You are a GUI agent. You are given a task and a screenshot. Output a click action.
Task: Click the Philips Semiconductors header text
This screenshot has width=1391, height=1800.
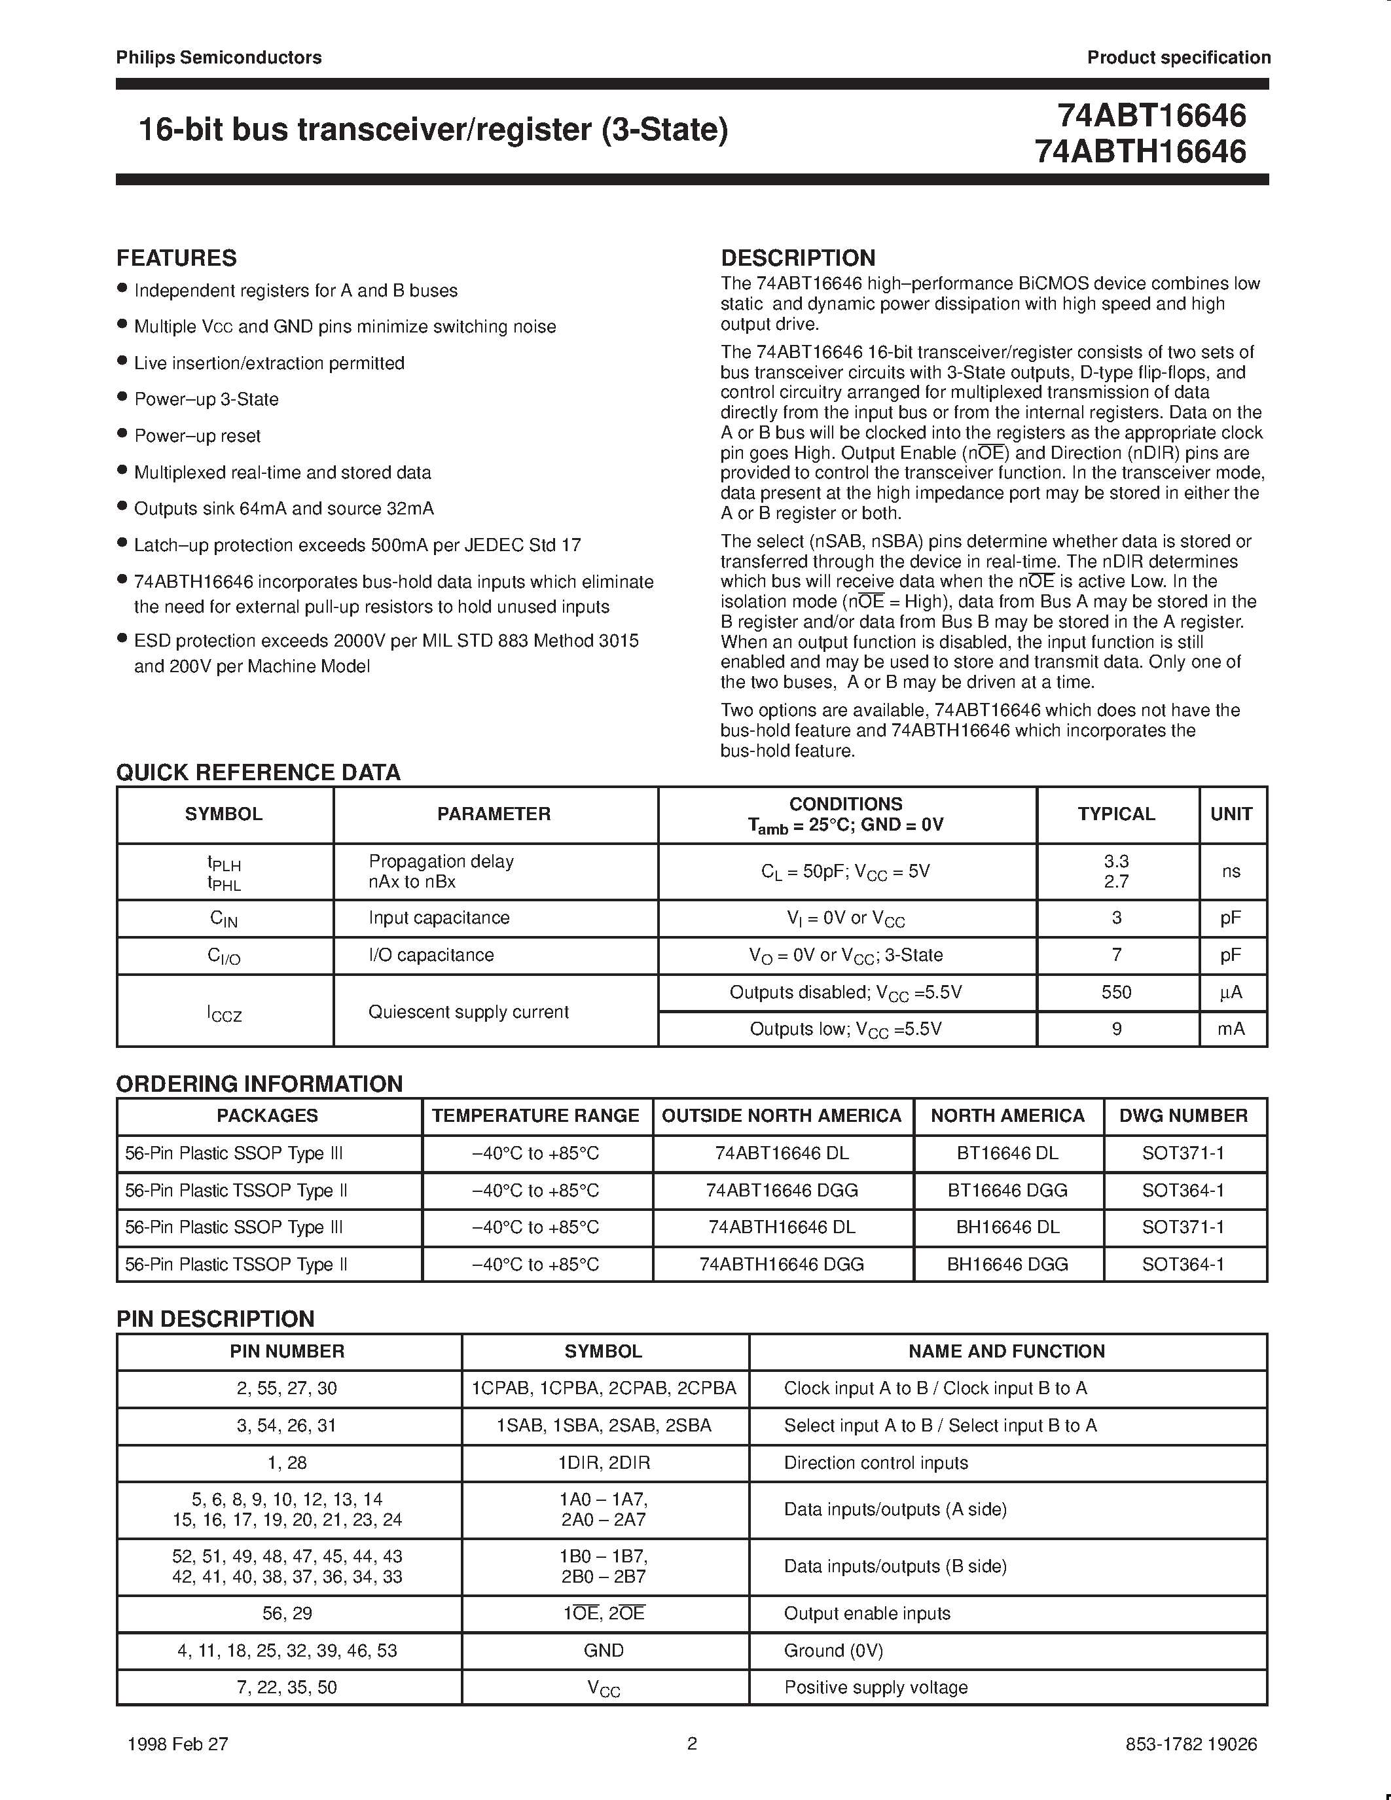(x=219, y=57)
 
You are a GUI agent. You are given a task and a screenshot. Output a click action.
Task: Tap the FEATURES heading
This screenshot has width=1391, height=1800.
(x=176, y=258)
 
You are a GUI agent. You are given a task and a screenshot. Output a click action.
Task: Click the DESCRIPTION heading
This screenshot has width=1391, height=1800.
(x=798, y=258)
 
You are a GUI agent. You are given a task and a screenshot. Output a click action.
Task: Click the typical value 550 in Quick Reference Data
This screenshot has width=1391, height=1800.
(x=1116, y=992)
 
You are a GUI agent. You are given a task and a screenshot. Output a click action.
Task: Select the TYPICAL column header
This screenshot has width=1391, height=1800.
(x=1116, y=814)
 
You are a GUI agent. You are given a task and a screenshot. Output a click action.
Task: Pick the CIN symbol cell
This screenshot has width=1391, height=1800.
(x=223, y=918)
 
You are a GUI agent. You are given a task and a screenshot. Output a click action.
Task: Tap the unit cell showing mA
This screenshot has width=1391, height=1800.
(x=1231, y=1028)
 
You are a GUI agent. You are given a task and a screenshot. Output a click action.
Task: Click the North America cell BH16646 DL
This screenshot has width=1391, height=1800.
(x=1007, y=1227)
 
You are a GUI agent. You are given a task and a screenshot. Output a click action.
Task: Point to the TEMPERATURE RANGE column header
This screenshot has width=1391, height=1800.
(x=535, y=1115)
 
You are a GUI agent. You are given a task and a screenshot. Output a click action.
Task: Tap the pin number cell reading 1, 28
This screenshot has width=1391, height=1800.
(x=287, y=1463)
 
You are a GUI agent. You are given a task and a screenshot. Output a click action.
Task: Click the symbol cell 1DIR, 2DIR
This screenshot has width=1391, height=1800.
(x=604, y=1463)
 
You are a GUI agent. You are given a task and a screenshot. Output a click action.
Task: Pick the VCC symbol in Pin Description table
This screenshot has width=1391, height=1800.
(x=604, y=1688)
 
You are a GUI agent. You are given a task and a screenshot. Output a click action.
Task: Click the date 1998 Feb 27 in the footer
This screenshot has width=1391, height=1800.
(x=178, y=1744)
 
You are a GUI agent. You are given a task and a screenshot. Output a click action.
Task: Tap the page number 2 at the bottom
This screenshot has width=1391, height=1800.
(x=692, y=1743)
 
